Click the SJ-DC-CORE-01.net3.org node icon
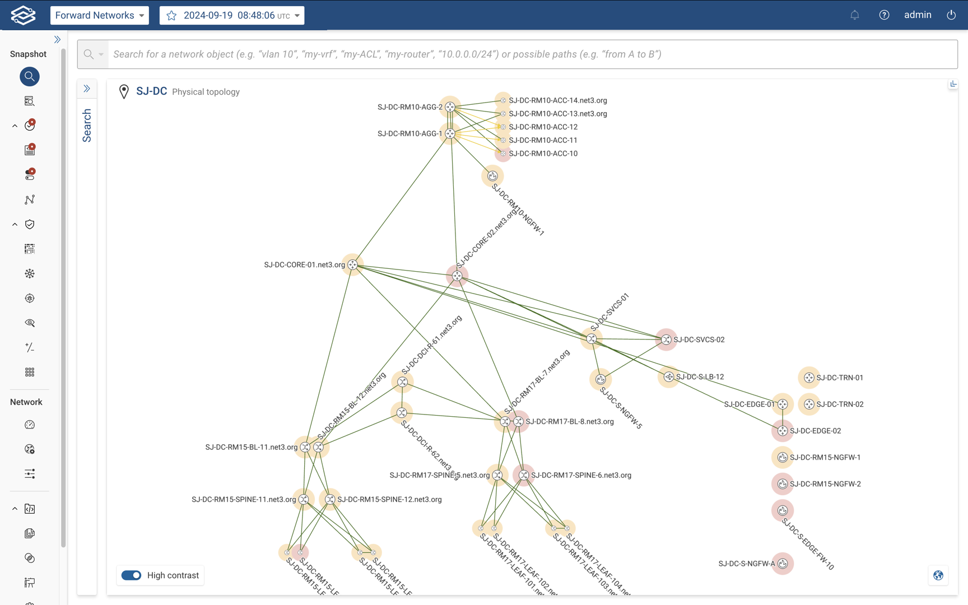[352, 264]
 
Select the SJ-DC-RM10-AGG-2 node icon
[450, 107]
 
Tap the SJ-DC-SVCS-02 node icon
[666, 339]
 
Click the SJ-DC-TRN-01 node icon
[809, 378]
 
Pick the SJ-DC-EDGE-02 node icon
[783, 431]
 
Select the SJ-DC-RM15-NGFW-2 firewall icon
[783, 484]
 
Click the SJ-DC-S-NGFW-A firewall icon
[783, 564]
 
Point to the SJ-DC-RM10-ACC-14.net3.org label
[557, 100]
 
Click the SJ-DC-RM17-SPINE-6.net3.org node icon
[524, 475]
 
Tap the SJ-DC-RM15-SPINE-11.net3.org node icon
[304, 499]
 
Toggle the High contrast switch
[132, 575]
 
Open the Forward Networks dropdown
[99, 15]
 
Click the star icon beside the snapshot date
[172, 15]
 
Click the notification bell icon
[855, 15]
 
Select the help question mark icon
[884, 15]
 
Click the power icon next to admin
[951, 15]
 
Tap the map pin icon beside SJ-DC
[124, 91]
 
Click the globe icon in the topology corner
[938, 575]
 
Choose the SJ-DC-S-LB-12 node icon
[669, 377]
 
